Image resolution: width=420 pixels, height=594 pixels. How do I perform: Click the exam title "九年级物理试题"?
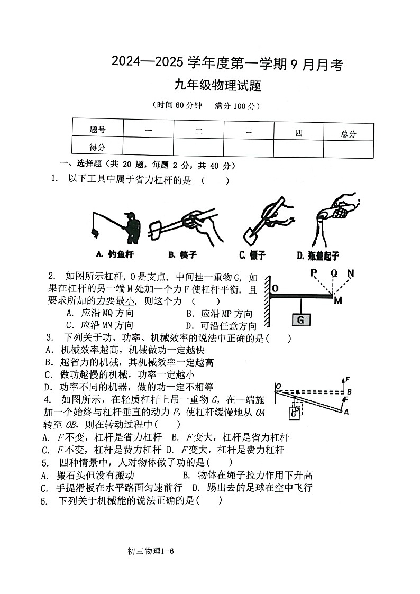tap(219, 85)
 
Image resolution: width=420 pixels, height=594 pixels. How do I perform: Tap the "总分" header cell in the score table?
tap(349, 134)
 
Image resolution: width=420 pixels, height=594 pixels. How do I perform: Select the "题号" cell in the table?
tap(97, 130)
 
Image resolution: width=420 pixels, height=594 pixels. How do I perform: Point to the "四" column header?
tap(298, 133)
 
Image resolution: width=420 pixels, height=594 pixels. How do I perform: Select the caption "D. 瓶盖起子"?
tap(317, 255)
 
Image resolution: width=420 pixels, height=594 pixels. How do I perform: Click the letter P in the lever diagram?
tap(313, 273)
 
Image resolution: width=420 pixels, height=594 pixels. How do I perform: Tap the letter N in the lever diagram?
tap(350, 273)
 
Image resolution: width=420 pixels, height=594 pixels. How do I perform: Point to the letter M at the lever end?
tap(338, 300)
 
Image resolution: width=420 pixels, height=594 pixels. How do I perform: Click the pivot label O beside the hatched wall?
tap(276, 288)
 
